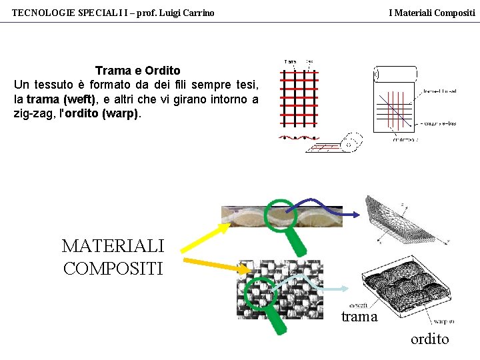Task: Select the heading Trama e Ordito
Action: click(137, 71)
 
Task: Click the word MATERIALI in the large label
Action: click(113, 246)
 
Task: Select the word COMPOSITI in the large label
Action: click(113, 268)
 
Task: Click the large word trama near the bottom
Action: click(359, 317)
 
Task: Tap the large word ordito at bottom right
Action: click(429, 339)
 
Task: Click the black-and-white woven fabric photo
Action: click(279, 289)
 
